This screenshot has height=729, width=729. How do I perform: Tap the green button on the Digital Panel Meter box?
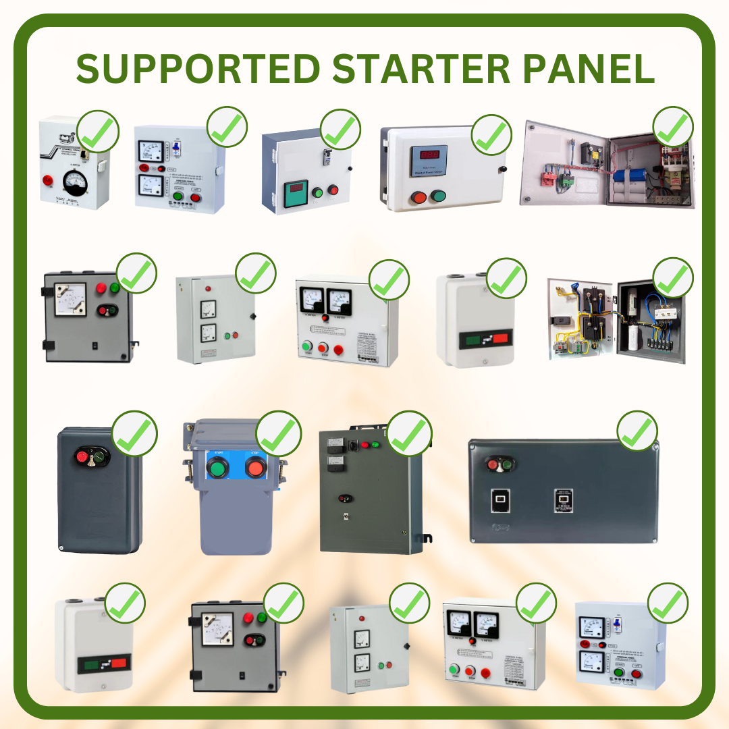coord(438,197)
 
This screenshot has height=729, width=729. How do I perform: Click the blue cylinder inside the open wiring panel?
coord(630,177)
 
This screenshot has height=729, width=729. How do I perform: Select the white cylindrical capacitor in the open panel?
coord(632,338)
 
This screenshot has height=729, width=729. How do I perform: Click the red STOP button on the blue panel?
coord(255,466)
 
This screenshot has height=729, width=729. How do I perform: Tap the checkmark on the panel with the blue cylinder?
coord(673,127)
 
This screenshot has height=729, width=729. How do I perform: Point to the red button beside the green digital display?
coord(332,190)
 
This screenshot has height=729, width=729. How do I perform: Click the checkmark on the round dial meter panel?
coord(99,131)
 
